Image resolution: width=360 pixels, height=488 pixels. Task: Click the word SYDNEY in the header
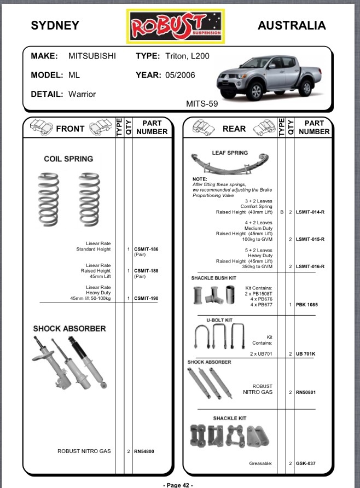coord(55,25)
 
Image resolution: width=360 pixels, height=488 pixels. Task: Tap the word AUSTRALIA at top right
coord(292,25)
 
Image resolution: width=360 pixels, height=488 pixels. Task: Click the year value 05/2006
coord(180,75)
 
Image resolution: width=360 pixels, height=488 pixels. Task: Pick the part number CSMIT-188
coord(146,271)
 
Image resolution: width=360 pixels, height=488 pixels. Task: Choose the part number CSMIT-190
coord(146,298)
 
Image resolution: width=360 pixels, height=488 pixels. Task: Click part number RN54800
coord(145,451)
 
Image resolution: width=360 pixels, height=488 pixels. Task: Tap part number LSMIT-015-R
coord(310,240)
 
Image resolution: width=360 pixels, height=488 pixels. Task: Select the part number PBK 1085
coord(306,304)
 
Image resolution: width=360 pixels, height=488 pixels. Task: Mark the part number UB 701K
coord(305,355)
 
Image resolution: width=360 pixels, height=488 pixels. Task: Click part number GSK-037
coord(305,463)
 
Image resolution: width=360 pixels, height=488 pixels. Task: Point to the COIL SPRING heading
coord(68,159)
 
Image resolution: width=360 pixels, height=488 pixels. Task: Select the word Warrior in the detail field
coord(82,94)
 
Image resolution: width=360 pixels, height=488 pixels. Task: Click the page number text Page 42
coord(178,485)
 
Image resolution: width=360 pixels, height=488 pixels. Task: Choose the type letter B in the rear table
coord(281,212)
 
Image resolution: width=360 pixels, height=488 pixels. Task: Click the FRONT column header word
coord(70,129)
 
